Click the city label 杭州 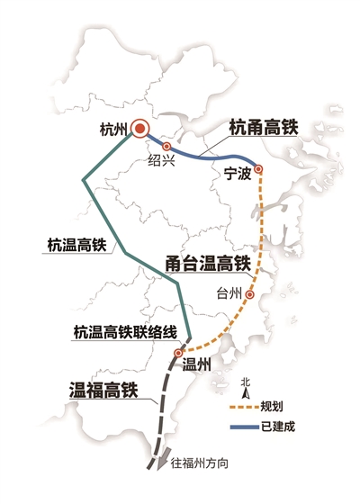pyautogui.click(x=110, y=130)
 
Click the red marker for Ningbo pyautogui.click(x=258, y=168)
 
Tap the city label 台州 pyautogui.click(x=230, y=293)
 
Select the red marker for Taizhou pyautogui.click(x=251, y=294)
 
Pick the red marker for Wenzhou pyautogui.click(x=178, y=353)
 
